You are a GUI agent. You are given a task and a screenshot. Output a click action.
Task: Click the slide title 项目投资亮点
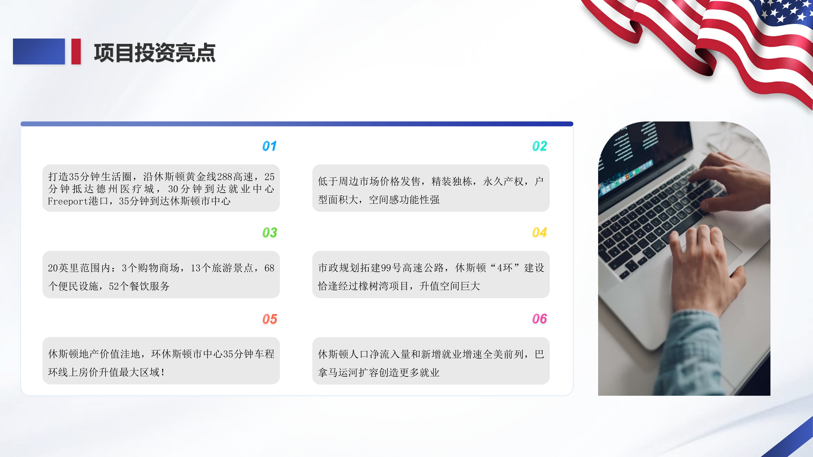155,53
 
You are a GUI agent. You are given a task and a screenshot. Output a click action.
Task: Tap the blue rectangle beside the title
39,51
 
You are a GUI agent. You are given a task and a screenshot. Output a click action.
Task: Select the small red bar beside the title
76,51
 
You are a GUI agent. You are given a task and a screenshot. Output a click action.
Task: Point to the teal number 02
539,146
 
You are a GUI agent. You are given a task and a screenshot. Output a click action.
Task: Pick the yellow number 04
539,232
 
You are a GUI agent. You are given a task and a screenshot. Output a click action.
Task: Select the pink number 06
539,319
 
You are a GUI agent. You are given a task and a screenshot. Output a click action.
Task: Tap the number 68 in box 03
269,268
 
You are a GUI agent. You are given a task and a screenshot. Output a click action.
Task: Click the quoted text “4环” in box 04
504,268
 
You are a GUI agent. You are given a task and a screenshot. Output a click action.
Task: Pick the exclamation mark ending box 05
162,372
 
